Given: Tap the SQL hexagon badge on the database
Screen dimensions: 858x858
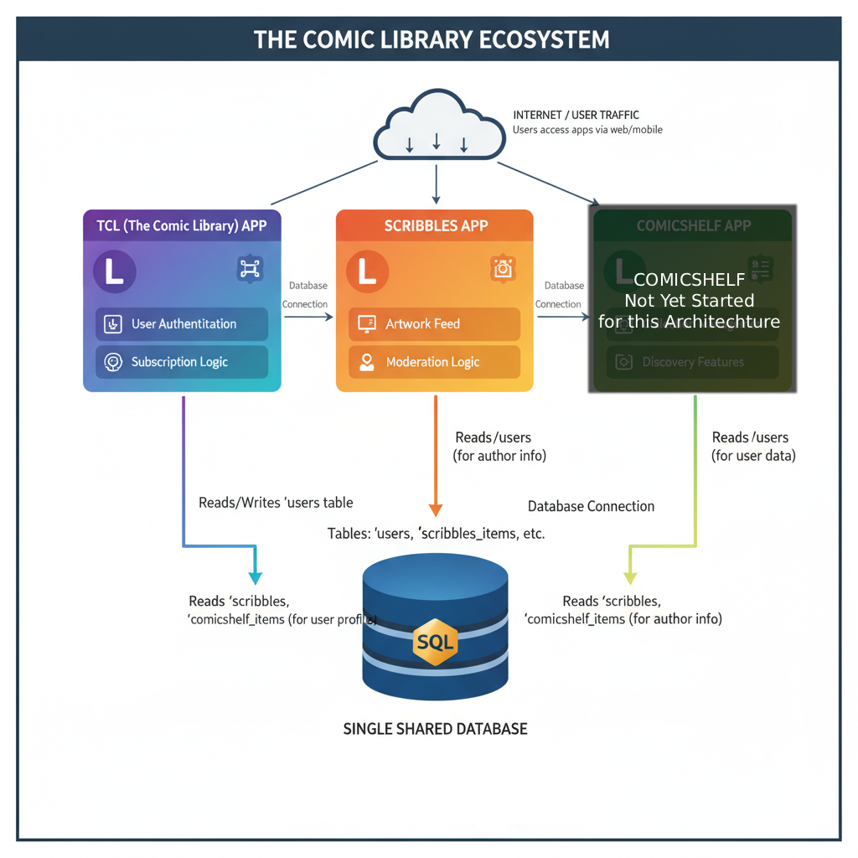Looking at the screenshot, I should point(435,643).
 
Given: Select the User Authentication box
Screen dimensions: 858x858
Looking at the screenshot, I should point(182,324).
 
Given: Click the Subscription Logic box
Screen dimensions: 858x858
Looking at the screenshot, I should point(182,362).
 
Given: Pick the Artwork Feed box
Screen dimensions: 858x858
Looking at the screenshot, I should point(434,324).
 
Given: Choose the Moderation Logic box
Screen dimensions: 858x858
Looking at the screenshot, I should point(434,362).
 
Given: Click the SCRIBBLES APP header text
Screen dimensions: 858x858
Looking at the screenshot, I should point(436,225).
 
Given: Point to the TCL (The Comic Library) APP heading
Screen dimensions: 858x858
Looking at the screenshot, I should point(182,225).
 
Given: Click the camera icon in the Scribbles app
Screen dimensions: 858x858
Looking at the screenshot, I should point(503,268).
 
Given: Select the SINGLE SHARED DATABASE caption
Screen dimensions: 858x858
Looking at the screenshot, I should point(436,729).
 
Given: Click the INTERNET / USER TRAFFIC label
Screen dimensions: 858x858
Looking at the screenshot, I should point(576,115).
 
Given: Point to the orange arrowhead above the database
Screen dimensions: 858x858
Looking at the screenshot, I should point(435,509).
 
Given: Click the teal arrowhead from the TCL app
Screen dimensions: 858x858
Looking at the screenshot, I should point(255,577).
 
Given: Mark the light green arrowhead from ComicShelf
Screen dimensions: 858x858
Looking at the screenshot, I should point(630,577).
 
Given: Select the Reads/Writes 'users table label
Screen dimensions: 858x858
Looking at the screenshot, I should point(276,503).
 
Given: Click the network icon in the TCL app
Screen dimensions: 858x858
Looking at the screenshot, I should point(250,268).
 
